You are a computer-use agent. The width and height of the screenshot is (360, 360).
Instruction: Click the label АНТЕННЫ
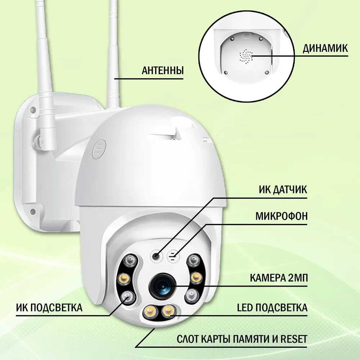tap(163, 71)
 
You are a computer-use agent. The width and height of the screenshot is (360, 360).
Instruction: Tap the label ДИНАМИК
tap(325, 49)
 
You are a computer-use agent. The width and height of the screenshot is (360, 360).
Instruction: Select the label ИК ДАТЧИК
tap(283, 190)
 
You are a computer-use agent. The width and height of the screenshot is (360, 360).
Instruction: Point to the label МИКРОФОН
tap(282, 216)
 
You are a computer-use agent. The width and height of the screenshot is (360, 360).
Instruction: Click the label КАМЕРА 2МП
tap(279, 278)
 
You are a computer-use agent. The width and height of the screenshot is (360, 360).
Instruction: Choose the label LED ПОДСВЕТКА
tap(272, 307)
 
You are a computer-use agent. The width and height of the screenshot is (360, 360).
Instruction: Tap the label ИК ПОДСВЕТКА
tap(49, 307)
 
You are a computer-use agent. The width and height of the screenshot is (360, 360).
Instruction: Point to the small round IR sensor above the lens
tap(156, 256)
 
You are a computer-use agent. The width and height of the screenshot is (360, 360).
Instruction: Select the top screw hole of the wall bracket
tap(33, 110)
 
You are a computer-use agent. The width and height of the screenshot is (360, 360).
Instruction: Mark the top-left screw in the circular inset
tap(233, 39)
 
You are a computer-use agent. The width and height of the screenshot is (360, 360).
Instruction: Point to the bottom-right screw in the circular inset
tap(266, 72)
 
